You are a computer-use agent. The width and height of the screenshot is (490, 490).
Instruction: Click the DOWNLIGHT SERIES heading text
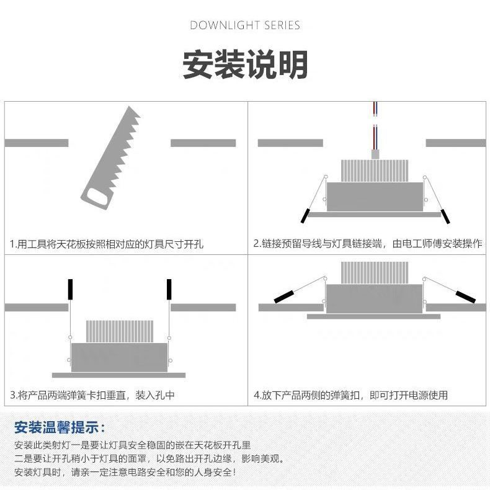tap(245, 25)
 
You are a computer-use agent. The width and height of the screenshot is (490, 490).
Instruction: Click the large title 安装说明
tap(245, 64)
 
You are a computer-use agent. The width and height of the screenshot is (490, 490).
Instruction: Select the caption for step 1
tap(106, 244)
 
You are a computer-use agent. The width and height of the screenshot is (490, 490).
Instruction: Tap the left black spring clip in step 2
tap(305, 215)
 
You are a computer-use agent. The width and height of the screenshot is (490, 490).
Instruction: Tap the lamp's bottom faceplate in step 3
tap(119, 375)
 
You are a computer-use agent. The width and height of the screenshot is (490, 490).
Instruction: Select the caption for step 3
tap(92, 395)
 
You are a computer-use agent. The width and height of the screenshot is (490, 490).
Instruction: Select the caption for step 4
tap(350, 395)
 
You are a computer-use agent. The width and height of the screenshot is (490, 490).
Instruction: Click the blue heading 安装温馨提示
tap(60, 427)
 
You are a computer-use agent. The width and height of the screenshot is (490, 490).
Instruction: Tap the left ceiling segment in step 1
tap(36, 143)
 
